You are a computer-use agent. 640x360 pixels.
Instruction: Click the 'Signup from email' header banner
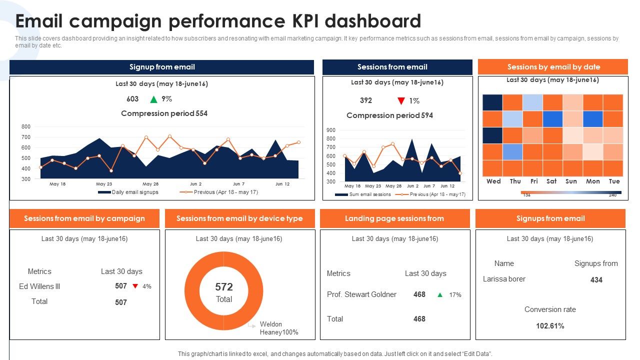(161, 67)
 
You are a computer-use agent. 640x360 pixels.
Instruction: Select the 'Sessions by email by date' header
(553, 67)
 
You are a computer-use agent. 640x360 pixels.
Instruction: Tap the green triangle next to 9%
(153, 99)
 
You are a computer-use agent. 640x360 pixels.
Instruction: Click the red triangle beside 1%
(400, 101)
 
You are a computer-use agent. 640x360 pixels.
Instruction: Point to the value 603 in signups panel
(132, 99)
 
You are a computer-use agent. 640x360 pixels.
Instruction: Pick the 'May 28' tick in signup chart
(150, 184)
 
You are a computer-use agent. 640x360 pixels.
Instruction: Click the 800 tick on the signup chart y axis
(26, 127)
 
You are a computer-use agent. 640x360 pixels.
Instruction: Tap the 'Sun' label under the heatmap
(571, 181)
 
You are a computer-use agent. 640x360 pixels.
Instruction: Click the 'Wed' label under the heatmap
(493, 181)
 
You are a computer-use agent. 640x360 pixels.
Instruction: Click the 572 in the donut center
(224, 287)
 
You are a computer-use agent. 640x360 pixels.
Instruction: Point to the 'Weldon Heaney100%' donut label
(278, 328)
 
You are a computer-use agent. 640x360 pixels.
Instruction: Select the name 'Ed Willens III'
(39, 286)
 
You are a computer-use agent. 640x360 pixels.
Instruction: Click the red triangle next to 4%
(135, 286)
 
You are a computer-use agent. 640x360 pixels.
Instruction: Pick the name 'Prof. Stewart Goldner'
(361, 294)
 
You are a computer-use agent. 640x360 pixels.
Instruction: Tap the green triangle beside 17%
(440, 295)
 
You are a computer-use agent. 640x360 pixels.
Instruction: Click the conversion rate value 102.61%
(550, 326)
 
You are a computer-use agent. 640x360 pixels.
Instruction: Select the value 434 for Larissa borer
(596, 280)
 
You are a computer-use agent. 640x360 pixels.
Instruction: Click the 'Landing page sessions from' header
(394, 218)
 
